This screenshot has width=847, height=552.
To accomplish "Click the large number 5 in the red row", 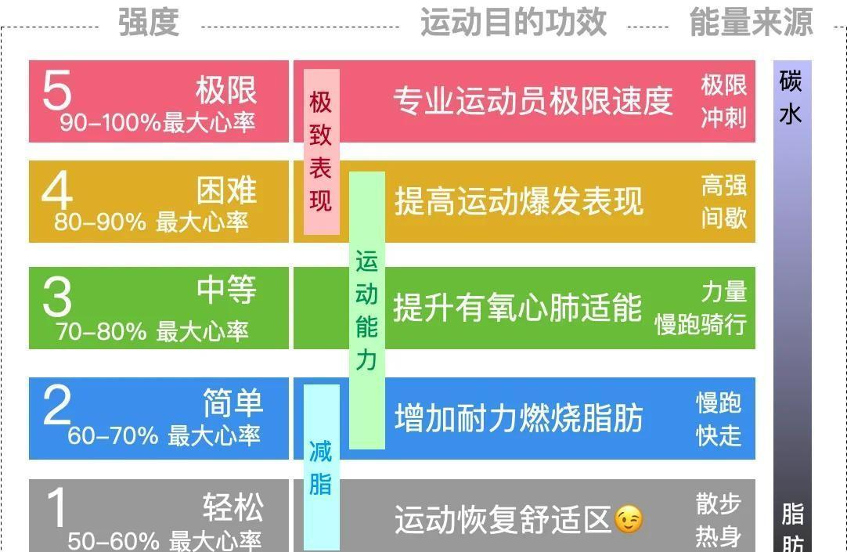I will point(56,91).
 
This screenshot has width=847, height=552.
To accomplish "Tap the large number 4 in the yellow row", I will point(56,192).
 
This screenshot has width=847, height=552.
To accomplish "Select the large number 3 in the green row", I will point(56,298).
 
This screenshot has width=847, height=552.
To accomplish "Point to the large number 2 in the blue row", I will point(56,406).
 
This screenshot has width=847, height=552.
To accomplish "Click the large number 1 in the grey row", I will point(56,508).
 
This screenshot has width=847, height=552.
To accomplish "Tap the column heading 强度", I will point(149,22).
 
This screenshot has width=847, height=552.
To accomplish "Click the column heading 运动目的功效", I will point(513,22).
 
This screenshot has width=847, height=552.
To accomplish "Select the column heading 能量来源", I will point(751,22).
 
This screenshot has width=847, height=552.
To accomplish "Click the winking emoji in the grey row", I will point(629,519).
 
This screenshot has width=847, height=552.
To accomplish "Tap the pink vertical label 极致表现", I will point(321,152).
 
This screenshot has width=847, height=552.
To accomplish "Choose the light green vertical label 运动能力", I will point(366,310).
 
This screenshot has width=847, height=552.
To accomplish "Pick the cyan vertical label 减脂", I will point(321,467).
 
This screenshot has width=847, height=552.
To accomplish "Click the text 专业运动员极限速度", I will point(532,101).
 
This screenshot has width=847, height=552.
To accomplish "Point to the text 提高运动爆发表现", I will point(518,201).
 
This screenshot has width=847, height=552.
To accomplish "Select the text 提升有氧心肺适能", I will point(517,308).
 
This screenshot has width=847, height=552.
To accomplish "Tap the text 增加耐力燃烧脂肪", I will point(518,418).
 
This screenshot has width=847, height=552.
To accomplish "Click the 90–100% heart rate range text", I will point(157,123).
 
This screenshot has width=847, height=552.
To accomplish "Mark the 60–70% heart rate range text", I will point(164,435).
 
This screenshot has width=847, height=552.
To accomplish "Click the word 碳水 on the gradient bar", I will point(791,97).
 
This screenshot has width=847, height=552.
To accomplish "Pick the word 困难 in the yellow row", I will point(226,190).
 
